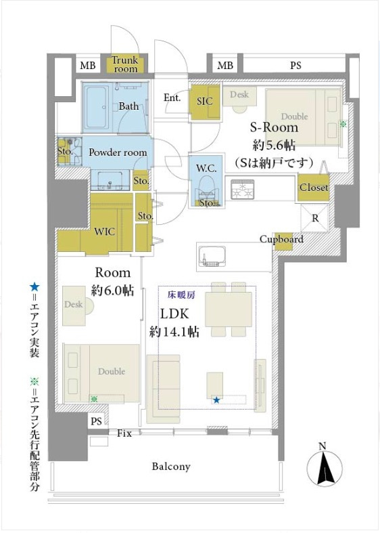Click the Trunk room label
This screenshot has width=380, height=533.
pyautogui.click(x=125, y=64)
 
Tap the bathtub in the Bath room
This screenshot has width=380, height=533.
pyautogui.click(x=96, y=108)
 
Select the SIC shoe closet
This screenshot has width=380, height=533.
pyautogui.click(x=205, y=101)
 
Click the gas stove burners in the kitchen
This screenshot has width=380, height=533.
pyautogui.click(x=242, y=190)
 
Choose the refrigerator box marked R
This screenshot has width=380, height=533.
pyautogui.click(x=315, y=218)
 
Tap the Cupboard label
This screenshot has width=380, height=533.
pyautogui.click(x=281, y=239)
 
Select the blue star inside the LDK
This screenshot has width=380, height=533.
pyautogui.click(x=216, y=400)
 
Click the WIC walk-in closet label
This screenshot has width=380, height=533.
pyautogui.click(x=104, y=232)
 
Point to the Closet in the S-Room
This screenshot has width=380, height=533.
pyautogui.click(x=314, y=188)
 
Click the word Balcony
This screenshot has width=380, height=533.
pyautogui.click(x=171, y=467)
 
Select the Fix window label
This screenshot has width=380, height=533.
pyautogui.click(x=124, y=433)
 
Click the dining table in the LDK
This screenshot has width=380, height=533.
pyautogui.click(x=229, y=309)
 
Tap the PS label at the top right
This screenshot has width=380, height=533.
pyautogui.click(x=295, y=65)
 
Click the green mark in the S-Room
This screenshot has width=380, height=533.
pyautogui.click(x=343, y=125)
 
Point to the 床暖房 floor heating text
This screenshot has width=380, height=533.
pyautogui.click(x=181, y=295)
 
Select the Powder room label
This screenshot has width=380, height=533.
pyautogui.click(x=118, y=152)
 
